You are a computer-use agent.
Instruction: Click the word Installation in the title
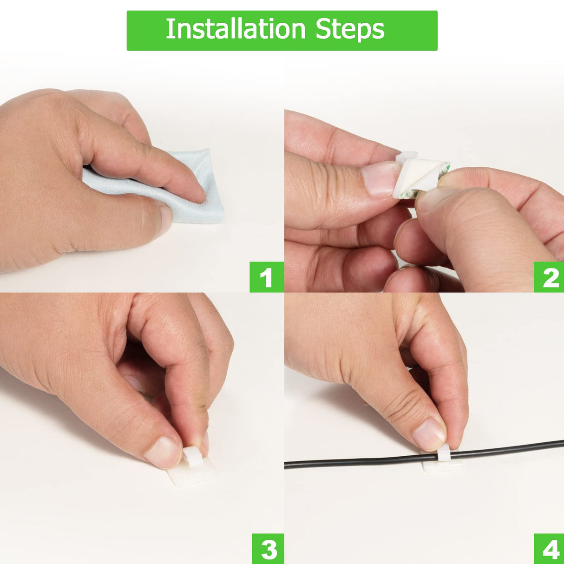pyautogui.click(x=236, y=29)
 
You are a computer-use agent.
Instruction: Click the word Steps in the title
pyautogui.click(x=350, y=29)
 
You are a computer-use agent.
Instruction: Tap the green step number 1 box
pyautogui.click(x=267, y=277)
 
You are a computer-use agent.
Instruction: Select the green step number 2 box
pyautogui.click(x=549, y=277)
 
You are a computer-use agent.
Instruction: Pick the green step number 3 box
pyautogui.click(x=268, y=549)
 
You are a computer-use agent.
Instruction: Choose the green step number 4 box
pyautogui.click(x=549, y=549)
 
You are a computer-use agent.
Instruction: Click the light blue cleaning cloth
pyautogui.click(x=182, y=190)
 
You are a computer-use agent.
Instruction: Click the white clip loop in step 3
pyautogui.click(x=192, y=457)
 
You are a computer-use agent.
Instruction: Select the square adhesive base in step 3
pyautogui.click(x=193, y=474)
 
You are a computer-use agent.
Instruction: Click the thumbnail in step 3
pyautogui.click(x=163, y=453)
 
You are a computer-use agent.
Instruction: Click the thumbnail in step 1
pyautogui.click(x=166, y=219)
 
